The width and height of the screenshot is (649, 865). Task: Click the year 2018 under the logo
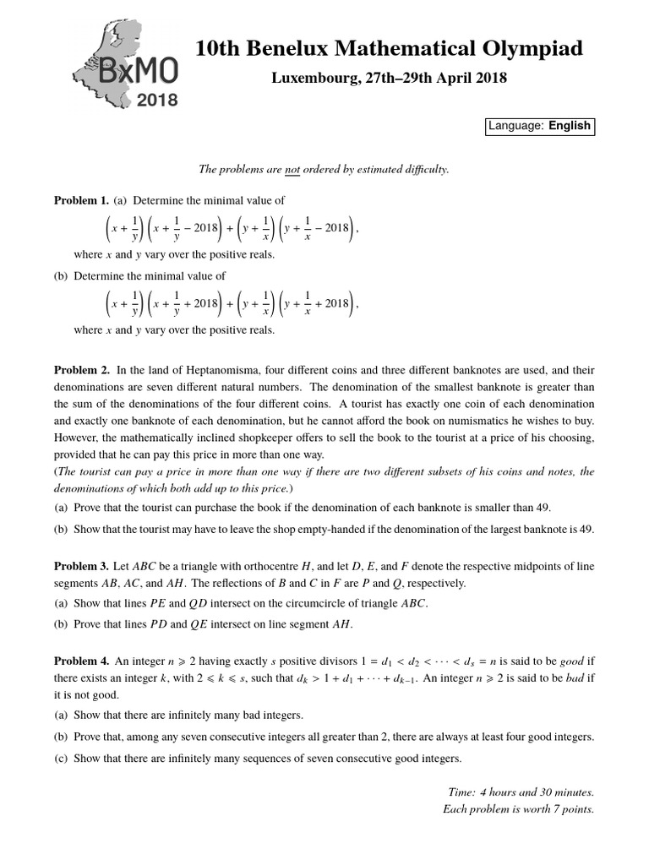pyautogui.click(x=157, y=101)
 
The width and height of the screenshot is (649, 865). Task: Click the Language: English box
pyautogui.click(x=539, y=126)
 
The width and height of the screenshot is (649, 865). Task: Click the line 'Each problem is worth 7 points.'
pyautogui.click(x=519, y=808)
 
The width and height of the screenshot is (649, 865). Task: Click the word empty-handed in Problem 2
pyautogui.click(x=325, y=529)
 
